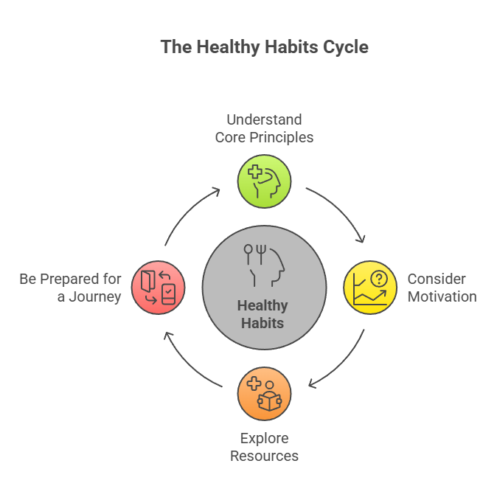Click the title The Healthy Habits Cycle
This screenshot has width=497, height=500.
[x=264, y=47]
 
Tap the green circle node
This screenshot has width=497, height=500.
[x=264, y=181]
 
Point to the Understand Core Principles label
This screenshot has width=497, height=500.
[x=264, y=128]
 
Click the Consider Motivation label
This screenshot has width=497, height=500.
[x=442, y=288]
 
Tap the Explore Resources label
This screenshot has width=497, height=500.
[x=264, y=447]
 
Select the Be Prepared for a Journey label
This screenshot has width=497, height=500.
[x=70, y=288]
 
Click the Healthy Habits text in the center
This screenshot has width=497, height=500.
[x=263, y=313]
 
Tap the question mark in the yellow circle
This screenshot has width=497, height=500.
[x=378, y=279]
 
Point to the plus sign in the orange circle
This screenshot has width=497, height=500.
[x=255, y=384]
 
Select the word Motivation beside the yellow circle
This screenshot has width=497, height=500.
[x=442, y=296]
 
